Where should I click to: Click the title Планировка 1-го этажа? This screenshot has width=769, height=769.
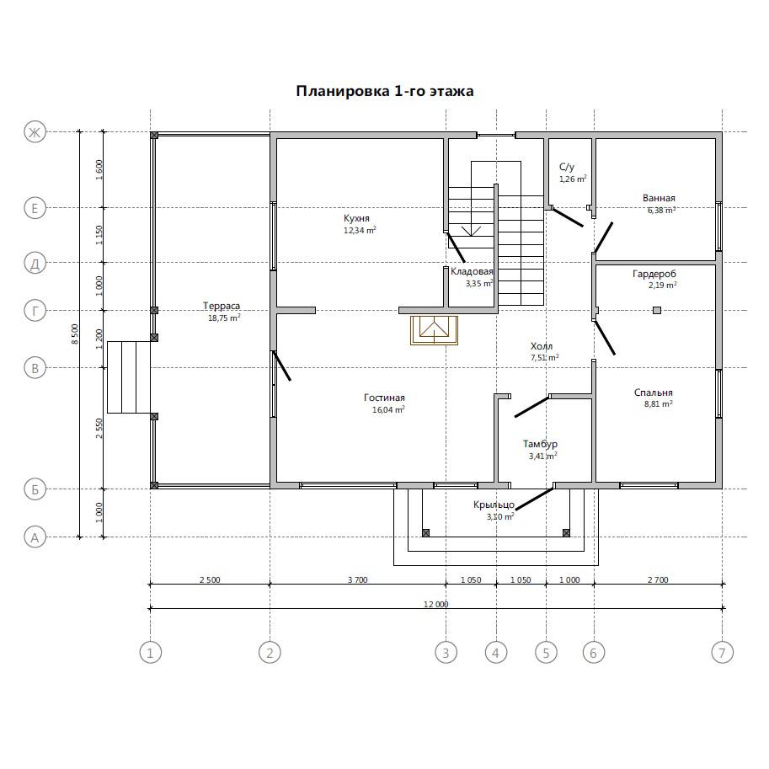pos(384,91)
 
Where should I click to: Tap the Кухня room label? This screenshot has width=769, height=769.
pos(356,218)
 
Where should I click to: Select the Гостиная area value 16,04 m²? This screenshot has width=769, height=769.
pos(388,409)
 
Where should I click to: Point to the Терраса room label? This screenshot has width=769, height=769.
pos(222,306)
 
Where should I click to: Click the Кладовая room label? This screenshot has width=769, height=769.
pos(472,271)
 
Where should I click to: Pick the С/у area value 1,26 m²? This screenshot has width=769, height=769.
pos(573,179)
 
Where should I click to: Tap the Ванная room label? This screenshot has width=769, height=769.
pos(659,198)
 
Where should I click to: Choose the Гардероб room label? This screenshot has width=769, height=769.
pos(654,274)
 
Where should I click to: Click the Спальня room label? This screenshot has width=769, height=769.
pos(654,393)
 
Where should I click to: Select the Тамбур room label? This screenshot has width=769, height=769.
pos(540,444)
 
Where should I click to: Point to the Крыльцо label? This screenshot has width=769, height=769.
pos(494,505)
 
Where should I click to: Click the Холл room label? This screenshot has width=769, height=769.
pos(542,346)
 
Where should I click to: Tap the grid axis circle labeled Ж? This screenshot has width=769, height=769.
pos(35,132)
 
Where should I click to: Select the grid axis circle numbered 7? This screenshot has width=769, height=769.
pos(722,653)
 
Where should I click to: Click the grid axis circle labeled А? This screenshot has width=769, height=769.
pos(35,537)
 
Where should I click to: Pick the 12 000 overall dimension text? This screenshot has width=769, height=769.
pos(436,604)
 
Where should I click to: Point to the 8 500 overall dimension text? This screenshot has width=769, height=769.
pos(75,334)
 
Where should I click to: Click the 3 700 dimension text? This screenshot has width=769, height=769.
pos(357,579)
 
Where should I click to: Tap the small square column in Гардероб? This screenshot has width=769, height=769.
pos(657,310)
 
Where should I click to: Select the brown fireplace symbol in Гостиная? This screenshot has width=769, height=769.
pos(434,330)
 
